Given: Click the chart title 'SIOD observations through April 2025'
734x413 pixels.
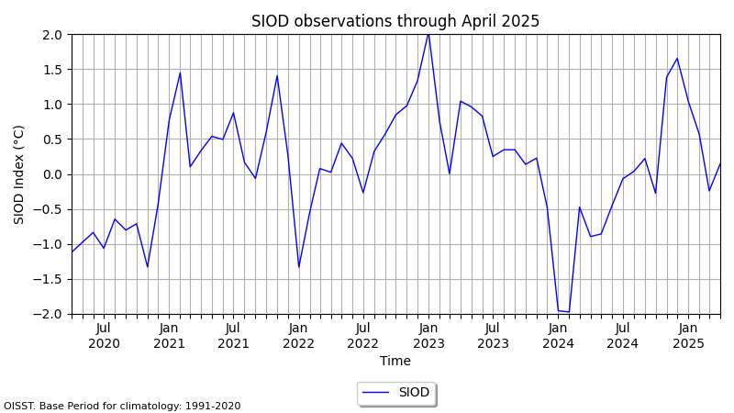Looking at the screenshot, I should (395, 21).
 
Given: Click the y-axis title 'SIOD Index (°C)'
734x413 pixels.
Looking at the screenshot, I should (19, 174).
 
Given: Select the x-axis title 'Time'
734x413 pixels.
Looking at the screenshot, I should (395, 362).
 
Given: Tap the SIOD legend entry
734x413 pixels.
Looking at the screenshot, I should (395, 393).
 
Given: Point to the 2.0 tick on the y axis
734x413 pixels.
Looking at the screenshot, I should (52, 35).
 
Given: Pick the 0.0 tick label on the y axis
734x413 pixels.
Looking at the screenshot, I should (52, 174).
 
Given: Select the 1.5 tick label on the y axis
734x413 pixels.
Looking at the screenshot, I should (52, 70).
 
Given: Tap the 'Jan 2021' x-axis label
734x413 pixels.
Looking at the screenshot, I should (169, 336).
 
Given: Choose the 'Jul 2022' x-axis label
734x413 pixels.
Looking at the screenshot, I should (363, 336).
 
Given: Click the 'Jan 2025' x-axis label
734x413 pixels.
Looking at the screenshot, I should (688, 336).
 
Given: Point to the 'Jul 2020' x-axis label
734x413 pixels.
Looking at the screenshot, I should (104, 336).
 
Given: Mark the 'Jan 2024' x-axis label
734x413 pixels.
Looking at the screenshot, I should (558, 336).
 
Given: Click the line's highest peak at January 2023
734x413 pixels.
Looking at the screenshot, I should (428, 34).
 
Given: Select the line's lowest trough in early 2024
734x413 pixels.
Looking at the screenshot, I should (569, 312).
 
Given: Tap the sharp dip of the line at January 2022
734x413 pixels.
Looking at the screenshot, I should (298, 267).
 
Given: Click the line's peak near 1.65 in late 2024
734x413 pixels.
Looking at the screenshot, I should (677, 59).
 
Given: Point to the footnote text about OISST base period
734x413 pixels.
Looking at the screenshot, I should (122, 406).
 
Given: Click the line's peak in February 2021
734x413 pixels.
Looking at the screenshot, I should (180, 73).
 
